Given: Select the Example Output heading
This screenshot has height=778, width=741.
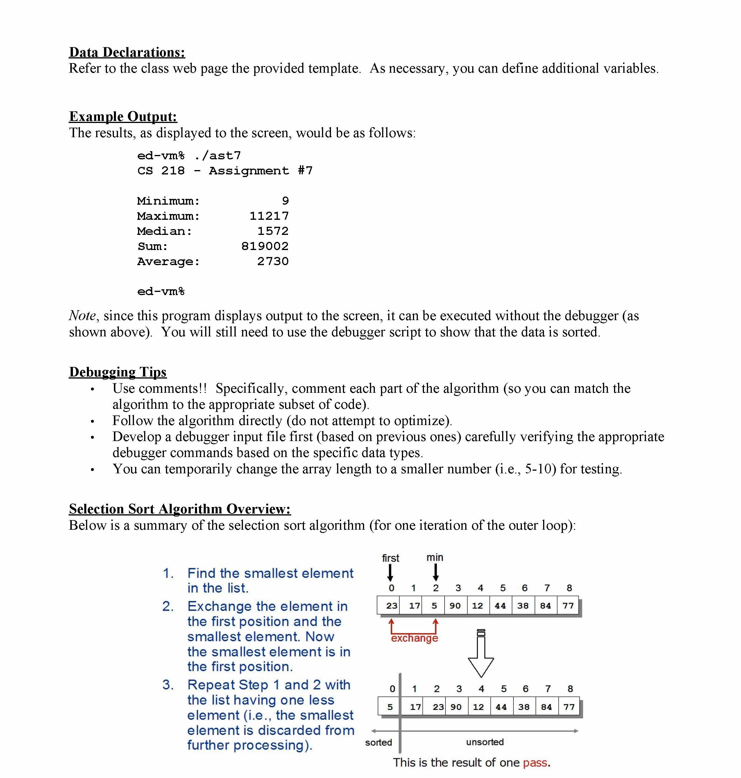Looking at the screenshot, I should (x=123, y=117).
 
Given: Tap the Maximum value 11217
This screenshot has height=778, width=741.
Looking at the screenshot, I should (x=269, y=216).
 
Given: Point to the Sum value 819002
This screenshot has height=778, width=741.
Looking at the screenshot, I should (x=265, y=247).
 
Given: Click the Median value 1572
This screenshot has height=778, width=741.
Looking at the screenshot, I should (x=273, y=231).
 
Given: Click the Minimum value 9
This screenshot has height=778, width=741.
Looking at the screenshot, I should (x=285, y=201).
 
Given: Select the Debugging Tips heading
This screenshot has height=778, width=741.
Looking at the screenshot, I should (x=118, y=372).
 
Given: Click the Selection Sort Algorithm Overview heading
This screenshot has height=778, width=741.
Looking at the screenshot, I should (x=180, y=509).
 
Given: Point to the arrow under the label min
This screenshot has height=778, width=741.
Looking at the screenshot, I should (x=436, y=572).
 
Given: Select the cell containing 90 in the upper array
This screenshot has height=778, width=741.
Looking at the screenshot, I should (x=455, y=606).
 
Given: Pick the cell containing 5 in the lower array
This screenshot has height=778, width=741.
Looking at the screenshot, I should (x=390, y=707).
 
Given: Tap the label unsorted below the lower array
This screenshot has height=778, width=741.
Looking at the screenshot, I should (x=485, y=742).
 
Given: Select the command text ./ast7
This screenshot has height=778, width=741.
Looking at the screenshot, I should (x=218, y=156).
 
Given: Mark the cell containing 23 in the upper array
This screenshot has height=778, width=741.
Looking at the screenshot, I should (x=391, y=606).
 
